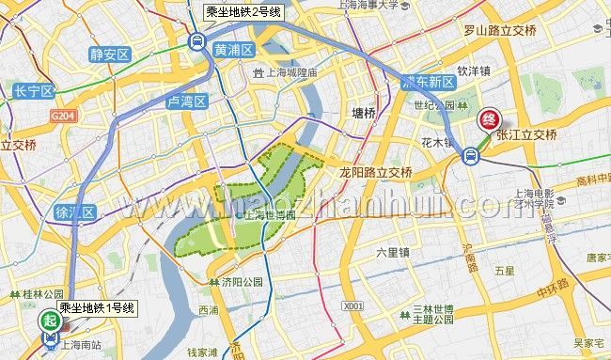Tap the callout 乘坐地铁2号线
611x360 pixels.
243,12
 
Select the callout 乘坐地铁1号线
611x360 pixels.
97,307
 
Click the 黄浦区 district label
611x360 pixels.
234,50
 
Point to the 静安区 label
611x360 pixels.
110,55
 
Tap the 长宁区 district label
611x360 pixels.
34,91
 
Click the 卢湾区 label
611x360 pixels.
186,101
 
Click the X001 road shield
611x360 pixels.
353,305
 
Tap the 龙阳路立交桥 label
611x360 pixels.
376,173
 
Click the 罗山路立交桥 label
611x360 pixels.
499,30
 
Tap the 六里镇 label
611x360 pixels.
392,252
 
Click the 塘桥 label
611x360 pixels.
363,114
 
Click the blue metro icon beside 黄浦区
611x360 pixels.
196,41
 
